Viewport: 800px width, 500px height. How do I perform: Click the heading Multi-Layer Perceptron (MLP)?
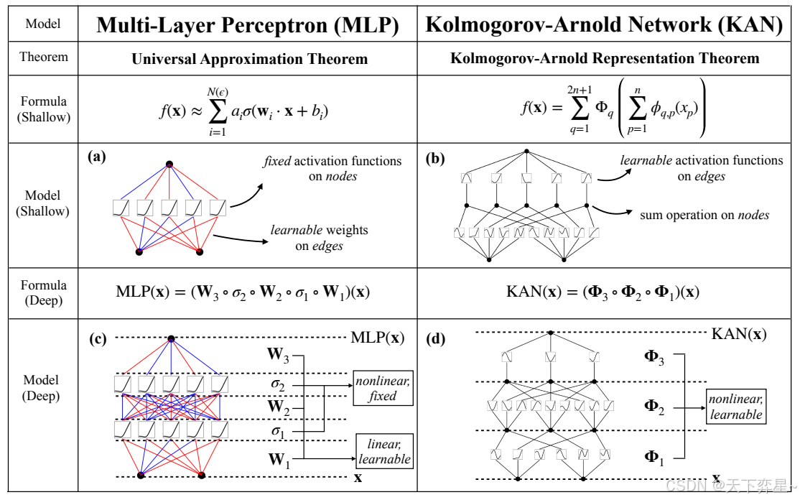point(248,25)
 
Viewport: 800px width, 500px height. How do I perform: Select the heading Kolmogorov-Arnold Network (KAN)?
point(604,25)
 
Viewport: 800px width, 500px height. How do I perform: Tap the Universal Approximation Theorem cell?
point(249,59)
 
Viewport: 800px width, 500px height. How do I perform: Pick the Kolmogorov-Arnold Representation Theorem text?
point(605,59)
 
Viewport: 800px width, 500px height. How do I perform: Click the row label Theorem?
point(43,57)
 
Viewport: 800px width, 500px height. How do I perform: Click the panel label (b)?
point(434,158)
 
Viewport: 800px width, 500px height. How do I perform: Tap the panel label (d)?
point(435,338)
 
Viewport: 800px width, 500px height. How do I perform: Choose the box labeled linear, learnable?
point(384,451)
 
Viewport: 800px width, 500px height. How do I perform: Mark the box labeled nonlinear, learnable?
point(735,407)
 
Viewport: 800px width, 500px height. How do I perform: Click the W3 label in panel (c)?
point(279,354)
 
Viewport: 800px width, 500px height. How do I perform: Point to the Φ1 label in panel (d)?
point(654,456)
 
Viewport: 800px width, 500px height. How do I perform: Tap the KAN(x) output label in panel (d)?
point(738,333)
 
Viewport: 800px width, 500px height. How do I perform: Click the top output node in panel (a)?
point(169,165)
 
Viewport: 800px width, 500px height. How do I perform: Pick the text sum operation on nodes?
point(704,215)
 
